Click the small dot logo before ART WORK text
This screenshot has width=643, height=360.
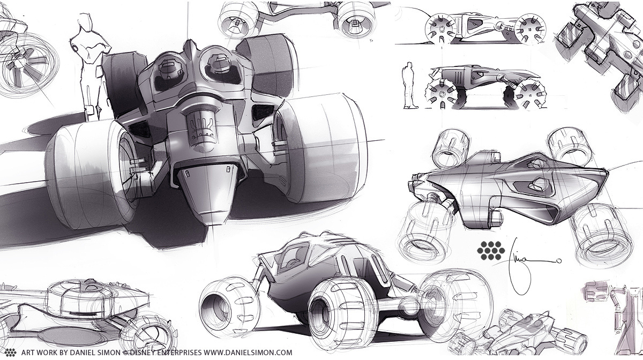10,352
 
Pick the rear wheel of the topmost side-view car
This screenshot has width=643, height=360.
437,28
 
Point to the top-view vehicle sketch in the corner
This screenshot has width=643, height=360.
600,54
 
